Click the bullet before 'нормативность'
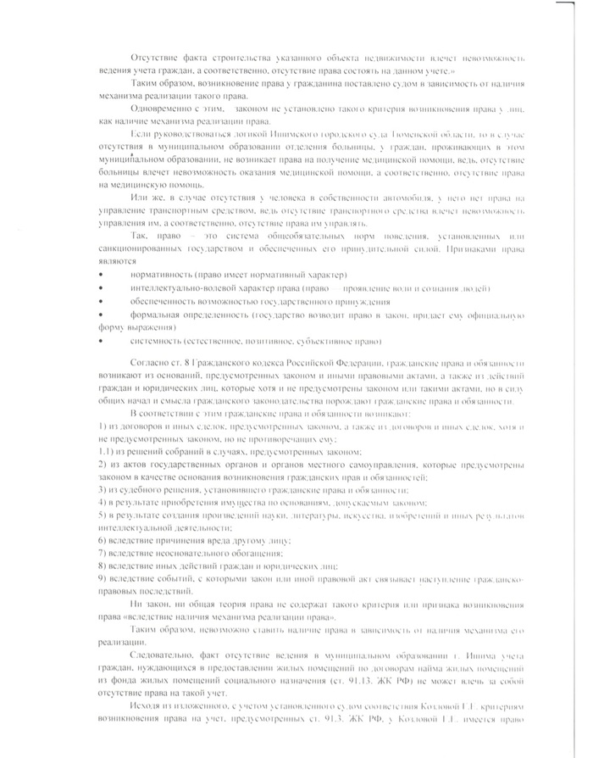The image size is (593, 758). [103, 276]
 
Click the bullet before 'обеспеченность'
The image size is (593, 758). [103, 301]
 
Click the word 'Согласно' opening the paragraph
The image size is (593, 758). [151, 363]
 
